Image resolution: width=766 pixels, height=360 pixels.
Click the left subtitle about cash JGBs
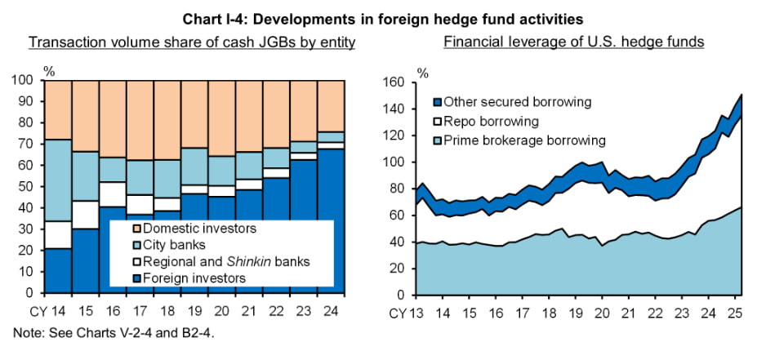192,42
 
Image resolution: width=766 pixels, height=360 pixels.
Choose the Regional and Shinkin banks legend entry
214,262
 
